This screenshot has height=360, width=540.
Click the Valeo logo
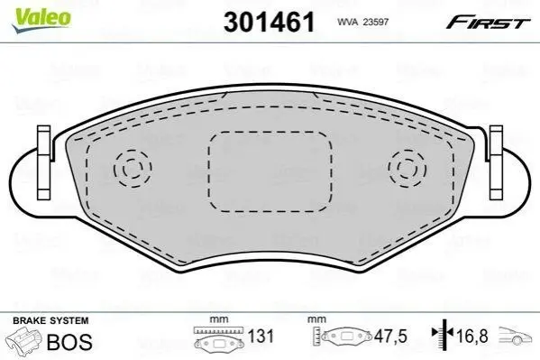click(41, 20)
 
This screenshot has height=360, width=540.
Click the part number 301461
click(269, 22)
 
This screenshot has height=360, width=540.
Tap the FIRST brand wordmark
click(488, 22)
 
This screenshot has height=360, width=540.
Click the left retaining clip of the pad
click(44, 162)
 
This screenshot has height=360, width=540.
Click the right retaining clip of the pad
click(496, 162)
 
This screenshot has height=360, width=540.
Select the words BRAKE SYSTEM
click(50, 320)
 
